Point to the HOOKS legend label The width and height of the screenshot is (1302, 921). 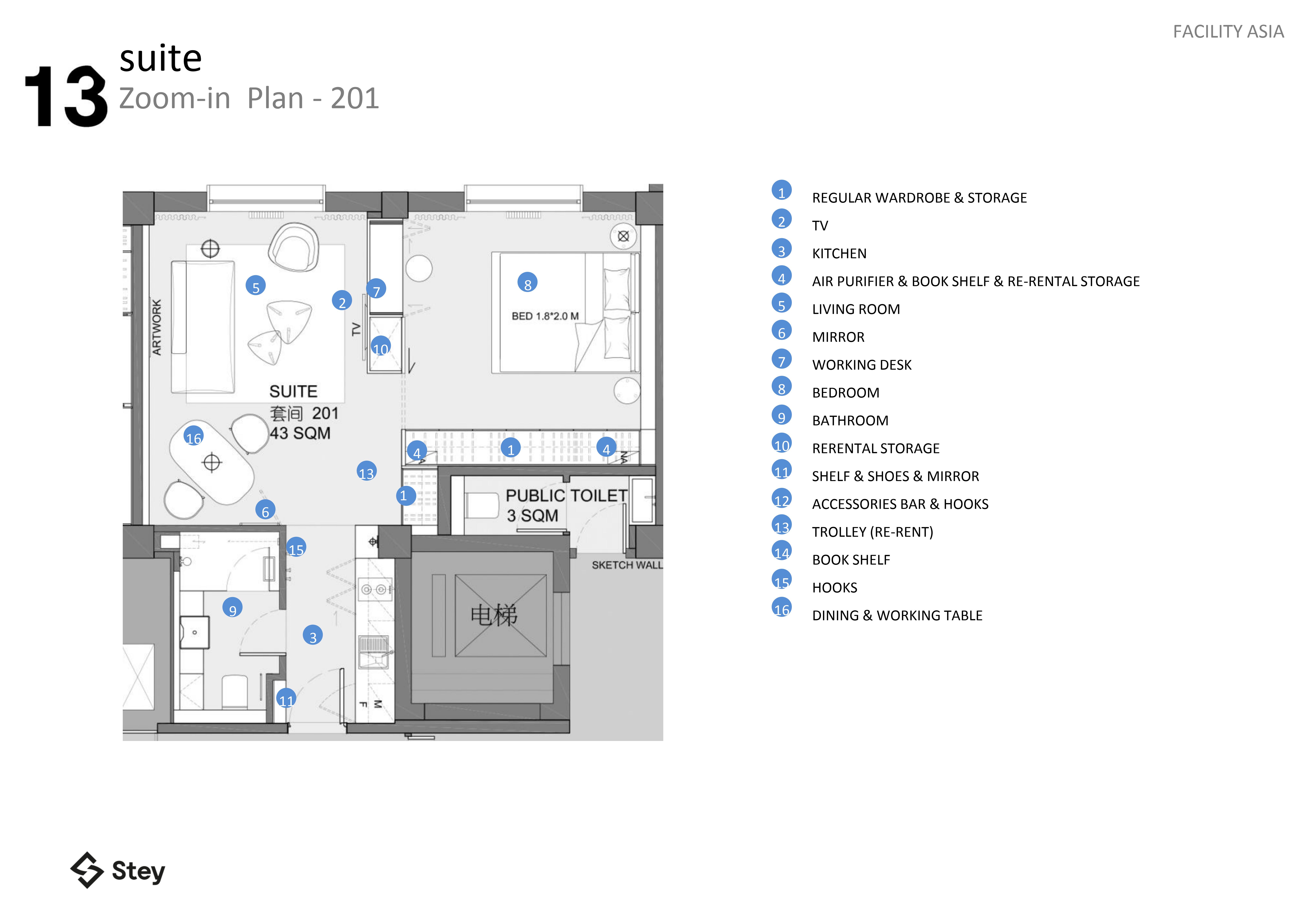tap(834, 587)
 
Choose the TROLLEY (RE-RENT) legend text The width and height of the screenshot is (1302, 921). tap(872, 532)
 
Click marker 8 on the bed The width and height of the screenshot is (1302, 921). tap(527, 283)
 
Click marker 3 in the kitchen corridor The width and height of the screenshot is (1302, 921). tap(312, 636)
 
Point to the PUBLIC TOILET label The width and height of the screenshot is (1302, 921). tap(566, 496)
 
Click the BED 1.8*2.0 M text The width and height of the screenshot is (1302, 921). tap(545, 316)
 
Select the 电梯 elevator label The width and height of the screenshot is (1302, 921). tap(494, 615)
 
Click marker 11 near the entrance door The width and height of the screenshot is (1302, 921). tap(286, 699)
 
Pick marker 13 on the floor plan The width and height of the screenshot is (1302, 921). tap(366, 472)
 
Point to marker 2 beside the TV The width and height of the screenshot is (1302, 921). tap(342, 301)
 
